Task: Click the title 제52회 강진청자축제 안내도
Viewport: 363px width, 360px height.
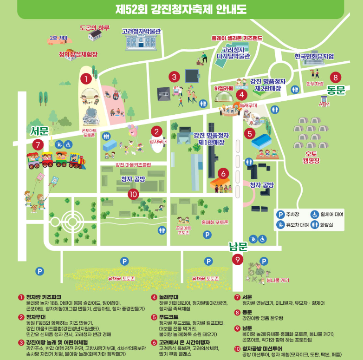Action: coord(181,8)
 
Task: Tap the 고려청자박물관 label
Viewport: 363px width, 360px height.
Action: coord(141,32)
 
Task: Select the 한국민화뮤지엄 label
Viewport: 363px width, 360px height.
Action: coord(314,56)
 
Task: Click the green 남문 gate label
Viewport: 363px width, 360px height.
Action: coord(239,247)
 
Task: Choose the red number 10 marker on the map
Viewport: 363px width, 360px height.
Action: coord(134,194)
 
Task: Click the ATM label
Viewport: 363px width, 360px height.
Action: coord(324,104)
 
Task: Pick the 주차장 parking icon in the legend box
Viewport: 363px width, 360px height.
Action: coord(280,214)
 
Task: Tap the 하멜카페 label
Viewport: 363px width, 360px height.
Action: coord(223,88)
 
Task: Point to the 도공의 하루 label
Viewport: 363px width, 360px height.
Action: coord(95,28)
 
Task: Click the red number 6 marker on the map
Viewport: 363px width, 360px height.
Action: coord(223,174)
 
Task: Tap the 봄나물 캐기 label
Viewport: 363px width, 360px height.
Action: coord(277,280)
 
